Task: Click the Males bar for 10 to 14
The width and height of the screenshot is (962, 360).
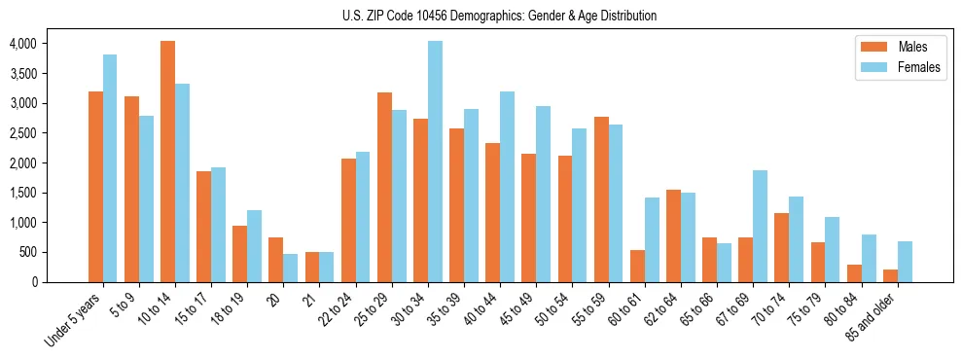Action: click(x=167, y=162)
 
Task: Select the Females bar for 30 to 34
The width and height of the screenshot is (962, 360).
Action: click(x=435, y=162)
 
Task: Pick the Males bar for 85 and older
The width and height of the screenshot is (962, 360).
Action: click(x=889, y=275)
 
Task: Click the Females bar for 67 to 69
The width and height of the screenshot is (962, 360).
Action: click(x=760, y=226)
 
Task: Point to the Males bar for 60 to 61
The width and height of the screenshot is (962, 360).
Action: click(x=637, y=266)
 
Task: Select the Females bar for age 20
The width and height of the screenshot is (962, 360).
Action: click(x=291, y=268)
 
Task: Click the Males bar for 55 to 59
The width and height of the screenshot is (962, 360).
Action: click(x=601, y=199)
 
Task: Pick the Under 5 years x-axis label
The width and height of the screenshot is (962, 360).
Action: click(x=74, y=319)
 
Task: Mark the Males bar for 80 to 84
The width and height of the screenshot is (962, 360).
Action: click(x=853, y=273)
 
